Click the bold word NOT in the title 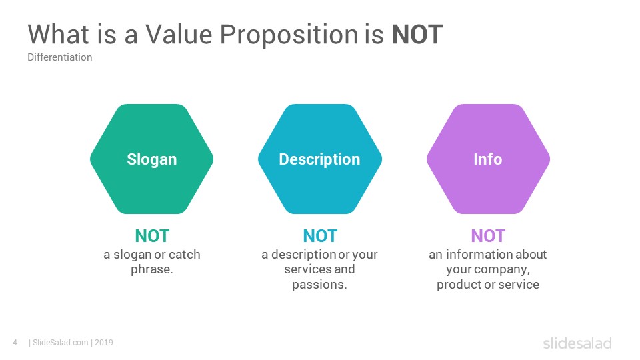coord(417,34)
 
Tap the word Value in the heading coord(179,34)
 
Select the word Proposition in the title coord(289,36)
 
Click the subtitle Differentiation coord(59,57)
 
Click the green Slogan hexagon coord(152,159)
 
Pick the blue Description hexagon coord(320,159)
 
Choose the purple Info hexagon coord(488,159)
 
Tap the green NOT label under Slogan coord(152,236)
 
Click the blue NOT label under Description coord(320,236)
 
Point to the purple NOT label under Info coord(488,236)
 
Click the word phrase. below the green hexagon coord(152,270)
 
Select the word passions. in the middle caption coord(319,285)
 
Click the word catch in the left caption coord(185,255)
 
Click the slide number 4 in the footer coord(15,343)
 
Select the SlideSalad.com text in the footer coord(61,343)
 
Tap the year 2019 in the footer coord(104,343)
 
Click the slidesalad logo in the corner coord(577,343)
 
